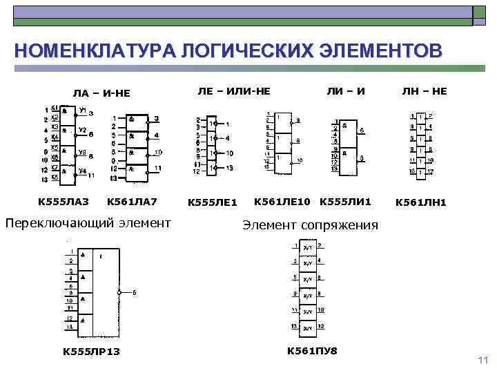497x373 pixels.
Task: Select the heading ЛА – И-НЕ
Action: click(x=101, y=93)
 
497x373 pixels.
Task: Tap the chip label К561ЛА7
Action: click(x=132, y=202)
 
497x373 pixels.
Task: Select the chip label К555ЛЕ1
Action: click(x=213, y=202)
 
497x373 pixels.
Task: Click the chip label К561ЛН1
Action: click(x=420, y=202)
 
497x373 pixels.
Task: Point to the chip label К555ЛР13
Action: click(x=91, y=352)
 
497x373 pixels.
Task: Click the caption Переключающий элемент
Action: click(x=88, y=222)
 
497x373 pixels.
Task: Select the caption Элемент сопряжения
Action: click(x=310, y=225)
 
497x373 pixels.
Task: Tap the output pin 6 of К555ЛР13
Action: click(x=134, y=293)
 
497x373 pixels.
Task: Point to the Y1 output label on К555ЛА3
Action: click(x=82, y=110)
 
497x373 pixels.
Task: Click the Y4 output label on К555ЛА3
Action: click(x=82, y=171)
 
